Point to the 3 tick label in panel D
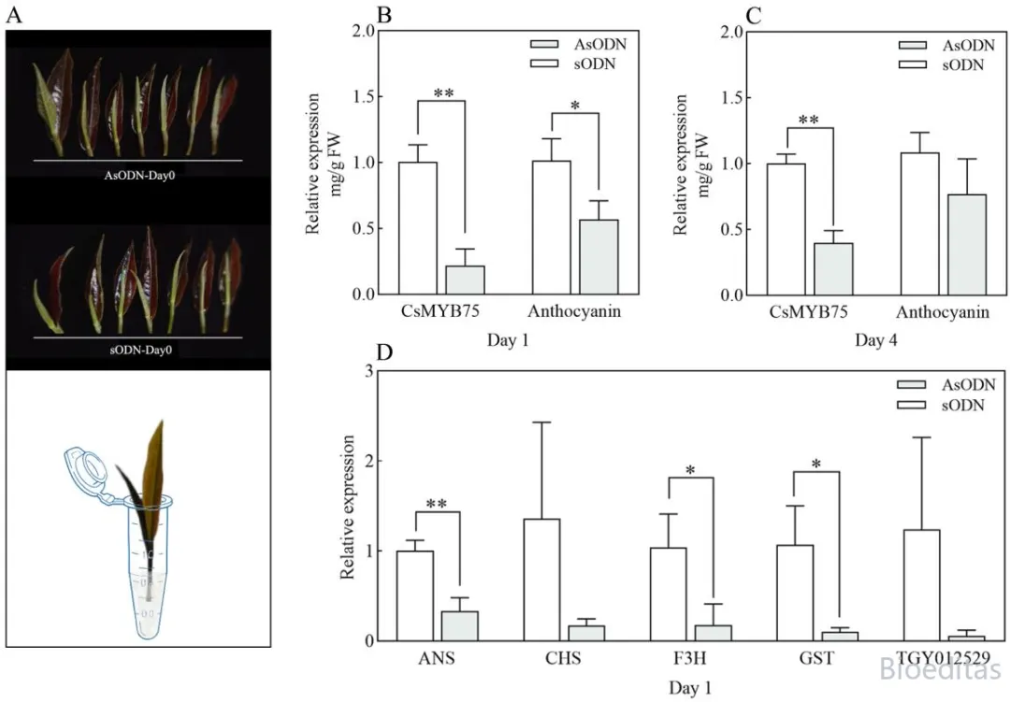[x=368, y=371]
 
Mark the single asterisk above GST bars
[x=816, y=463]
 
